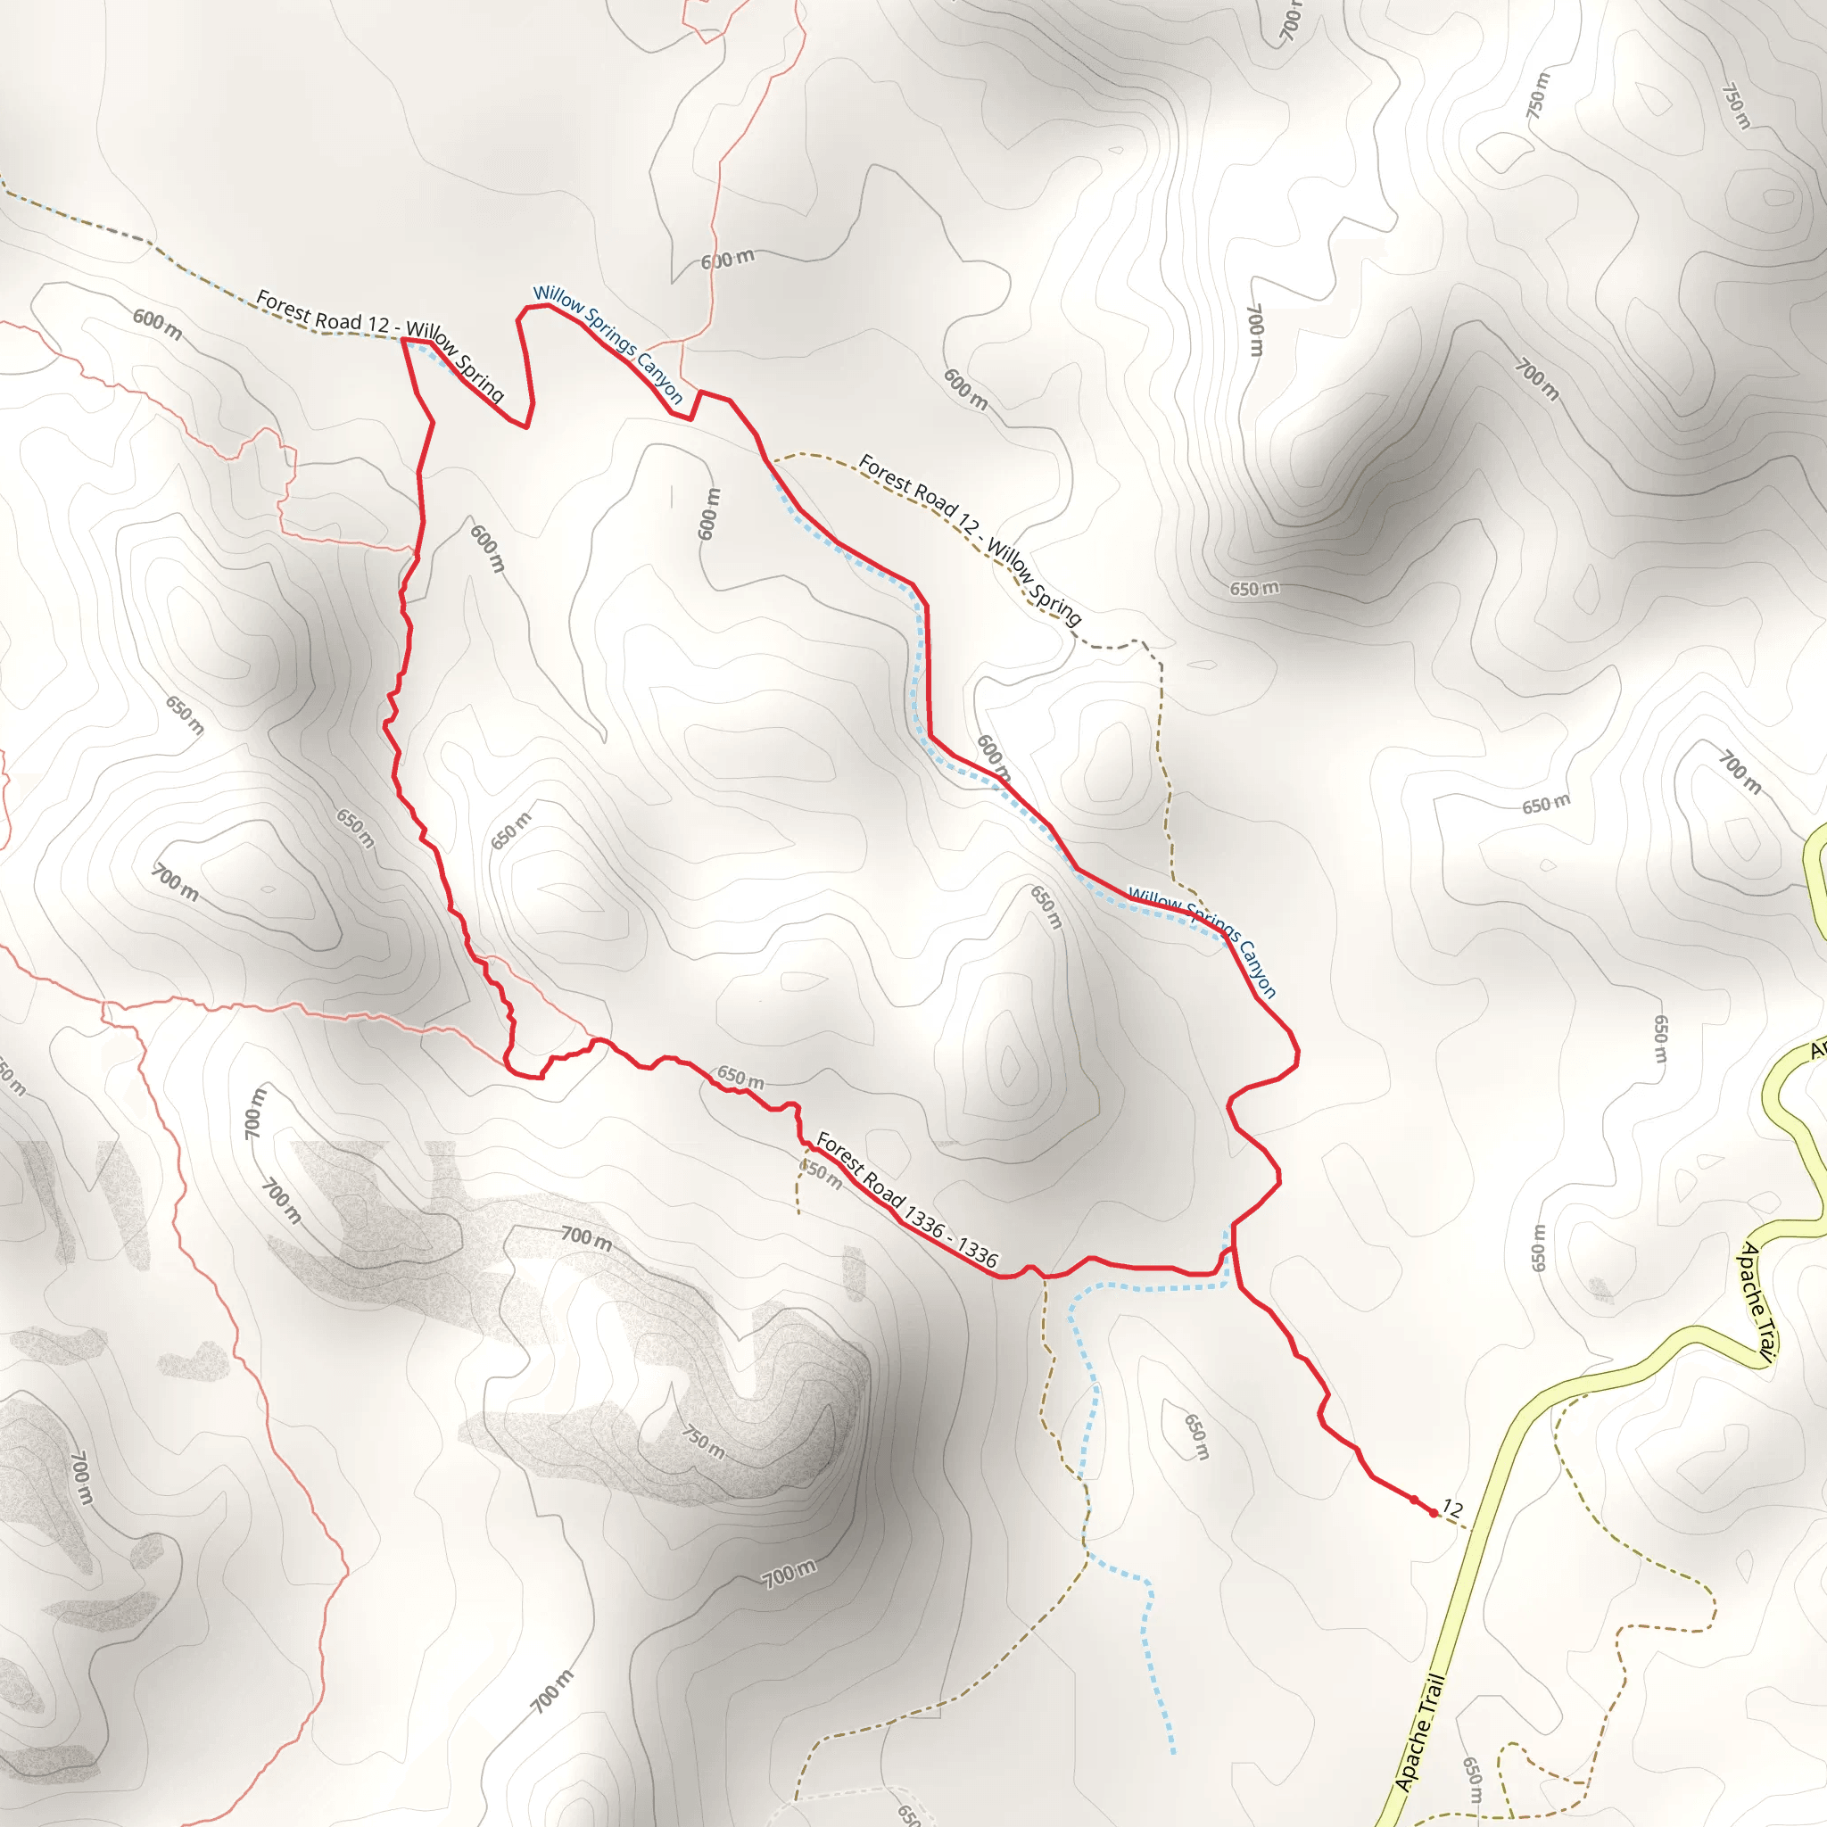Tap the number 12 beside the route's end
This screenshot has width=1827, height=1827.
[x=1452, y=1510]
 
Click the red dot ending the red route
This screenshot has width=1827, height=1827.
[x=1434, y=1513]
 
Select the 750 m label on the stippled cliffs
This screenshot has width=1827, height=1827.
[x=704, y=1443]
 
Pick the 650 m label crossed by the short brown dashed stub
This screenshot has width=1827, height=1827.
[x=820, y=1175]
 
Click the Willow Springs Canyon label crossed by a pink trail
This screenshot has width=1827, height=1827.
[x=608, y=344]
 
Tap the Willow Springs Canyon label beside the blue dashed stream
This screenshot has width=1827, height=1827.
[x=1203, y=941]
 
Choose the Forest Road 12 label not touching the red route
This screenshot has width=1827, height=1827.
[x=970, y=540]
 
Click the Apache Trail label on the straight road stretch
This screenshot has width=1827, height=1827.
[x=1420, y=1732]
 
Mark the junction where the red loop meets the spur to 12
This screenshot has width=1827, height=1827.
[x=1235, y=1247]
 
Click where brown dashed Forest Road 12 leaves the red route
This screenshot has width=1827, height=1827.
[x=772, y=460]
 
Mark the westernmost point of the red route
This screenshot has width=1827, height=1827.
[x=384, y=725]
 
